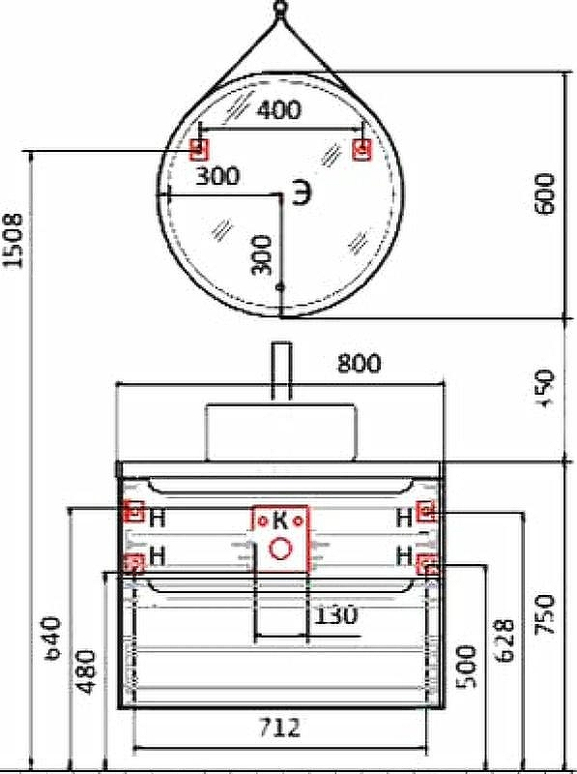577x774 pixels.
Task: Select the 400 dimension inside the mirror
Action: point(279,111)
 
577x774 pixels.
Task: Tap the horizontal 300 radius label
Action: point(217,176)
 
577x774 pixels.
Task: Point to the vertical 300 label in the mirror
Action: point(262,253)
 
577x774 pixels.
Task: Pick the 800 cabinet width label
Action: point(359,364)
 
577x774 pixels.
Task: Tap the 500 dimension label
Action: point(467,664)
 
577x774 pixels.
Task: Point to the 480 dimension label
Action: point(87,670)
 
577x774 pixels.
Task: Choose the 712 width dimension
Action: point(279,727)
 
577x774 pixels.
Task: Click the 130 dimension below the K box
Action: point(334,614)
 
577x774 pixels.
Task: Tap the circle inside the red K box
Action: point(280,550)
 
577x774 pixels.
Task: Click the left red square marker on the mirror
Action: point(199,149)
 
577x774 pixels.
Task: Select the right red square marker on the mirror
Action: point(362,149)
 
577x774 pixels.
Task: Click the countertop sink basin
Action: point(280,432)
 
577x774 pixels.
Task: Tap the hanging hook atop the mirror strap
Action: point(280,11)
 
